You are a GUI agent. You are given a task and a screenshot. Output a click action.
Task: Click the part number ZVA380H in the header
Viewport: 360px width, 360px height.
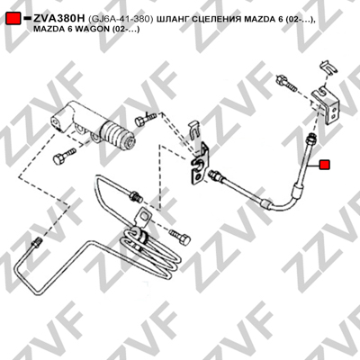59,19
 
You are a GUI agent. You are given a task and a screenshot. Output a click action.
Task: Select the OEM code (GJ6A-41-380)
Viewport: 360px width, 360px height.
121,19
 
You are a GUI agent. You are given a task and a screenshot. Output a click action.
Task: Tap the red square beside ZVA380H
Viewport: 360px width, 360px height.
13,18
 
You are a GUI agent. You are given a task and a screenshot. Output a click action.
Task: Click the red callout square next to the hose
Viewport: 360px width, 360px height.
324,165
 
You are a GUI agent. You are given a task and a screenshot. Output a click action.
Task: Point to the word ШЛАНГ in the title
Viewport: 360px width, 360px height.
170,19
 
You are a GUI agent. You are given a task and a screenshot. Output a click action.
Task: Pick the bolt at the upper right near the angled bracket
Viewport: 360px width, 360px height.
286,83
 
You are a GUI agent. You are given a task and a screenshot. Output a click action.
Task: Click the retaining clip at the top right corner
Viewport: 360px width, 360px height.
328,68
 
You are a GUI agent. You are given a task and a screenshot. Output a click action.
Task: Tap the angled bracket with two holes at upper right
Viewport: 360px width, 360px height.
327,105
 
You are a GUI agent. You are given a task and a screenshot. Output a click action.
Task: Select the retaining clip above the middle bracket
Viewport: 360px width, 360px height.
195,130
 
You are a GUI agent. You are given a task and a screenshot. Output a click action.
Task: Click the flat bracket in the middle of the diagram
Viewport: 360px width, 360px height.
199,165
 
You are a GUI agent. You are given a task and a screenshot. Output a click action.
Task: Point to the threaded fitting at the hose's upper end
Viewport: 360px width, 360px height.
310,139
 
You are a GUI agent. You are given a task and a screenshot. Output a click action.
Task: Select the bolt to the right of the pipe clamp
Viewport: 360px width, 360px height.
180,237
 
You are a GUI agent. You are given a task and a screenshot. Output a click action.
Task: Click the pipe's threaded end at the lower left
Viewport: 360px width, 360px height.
36,243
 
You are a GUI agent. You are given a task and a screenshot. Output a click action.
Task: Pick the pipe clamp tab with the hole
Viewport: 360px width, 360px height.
143,219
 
